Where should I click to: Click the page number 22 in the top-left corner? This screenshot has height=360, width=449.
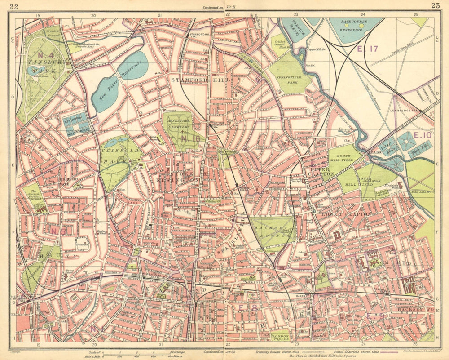tap(13, 6)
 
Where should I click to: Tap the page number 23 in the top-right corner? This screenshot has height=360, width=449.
tap(435, 6)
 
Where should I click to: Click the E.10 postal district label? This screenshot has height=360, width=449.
tap(423, 135)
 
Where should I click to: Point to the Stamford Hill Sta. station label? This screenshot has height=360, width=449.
tap(200, 36)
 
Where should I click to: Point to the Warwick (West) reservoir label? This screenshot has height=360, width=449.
tap(294, 28)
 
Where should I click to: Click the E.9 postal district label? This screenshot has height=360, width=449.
tap(375, 316)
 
